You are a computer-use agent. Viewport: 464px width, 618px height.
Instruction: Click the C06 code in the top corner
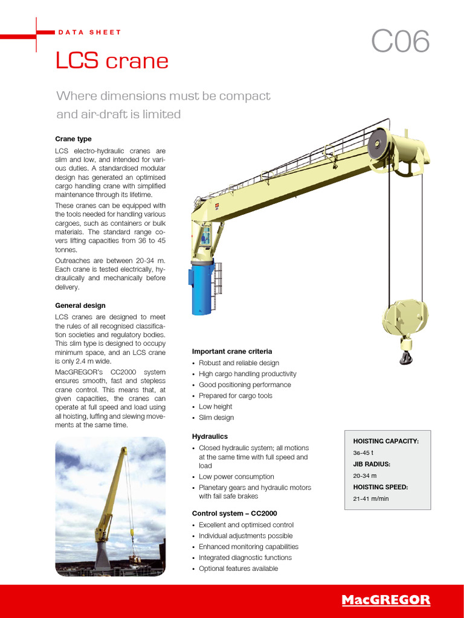pyautogui.click(x=401, y=42)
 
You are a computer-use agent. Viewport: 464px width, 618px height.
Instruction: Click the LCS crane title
pyautogui.click(x=112, y=61)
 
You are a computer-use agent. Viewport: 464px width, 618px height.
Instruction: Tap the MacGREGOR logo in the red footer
pyautogui.click(x=385, y=600)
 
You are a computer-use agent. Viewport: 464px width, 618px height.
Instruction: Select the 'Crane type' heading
pyautogui.click(x=73, y=139)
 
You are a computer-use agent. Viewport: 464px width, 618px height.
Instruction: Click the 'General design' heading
pyautogui.click(x=80, y=305)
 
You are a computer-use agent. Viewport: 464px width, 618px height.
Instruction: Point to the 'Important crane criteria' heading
pyautogui.click(x=232, y=351)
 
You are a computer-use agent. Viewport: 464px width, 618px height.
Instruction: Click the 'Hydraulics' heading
pyautogui.click(x=210, y=436)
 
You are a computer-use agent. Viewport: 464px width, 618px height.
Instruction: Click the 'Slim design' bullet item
pyautogui.click(x=216, y=418)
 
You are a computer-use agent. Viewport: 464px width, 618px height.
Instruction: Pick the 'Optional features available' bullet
pyautogui.click(x=238, y=569)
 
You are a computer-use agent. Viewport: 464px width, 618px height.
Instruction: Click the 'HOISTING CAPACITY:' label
pyautogui.click(x=385, y=441)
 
